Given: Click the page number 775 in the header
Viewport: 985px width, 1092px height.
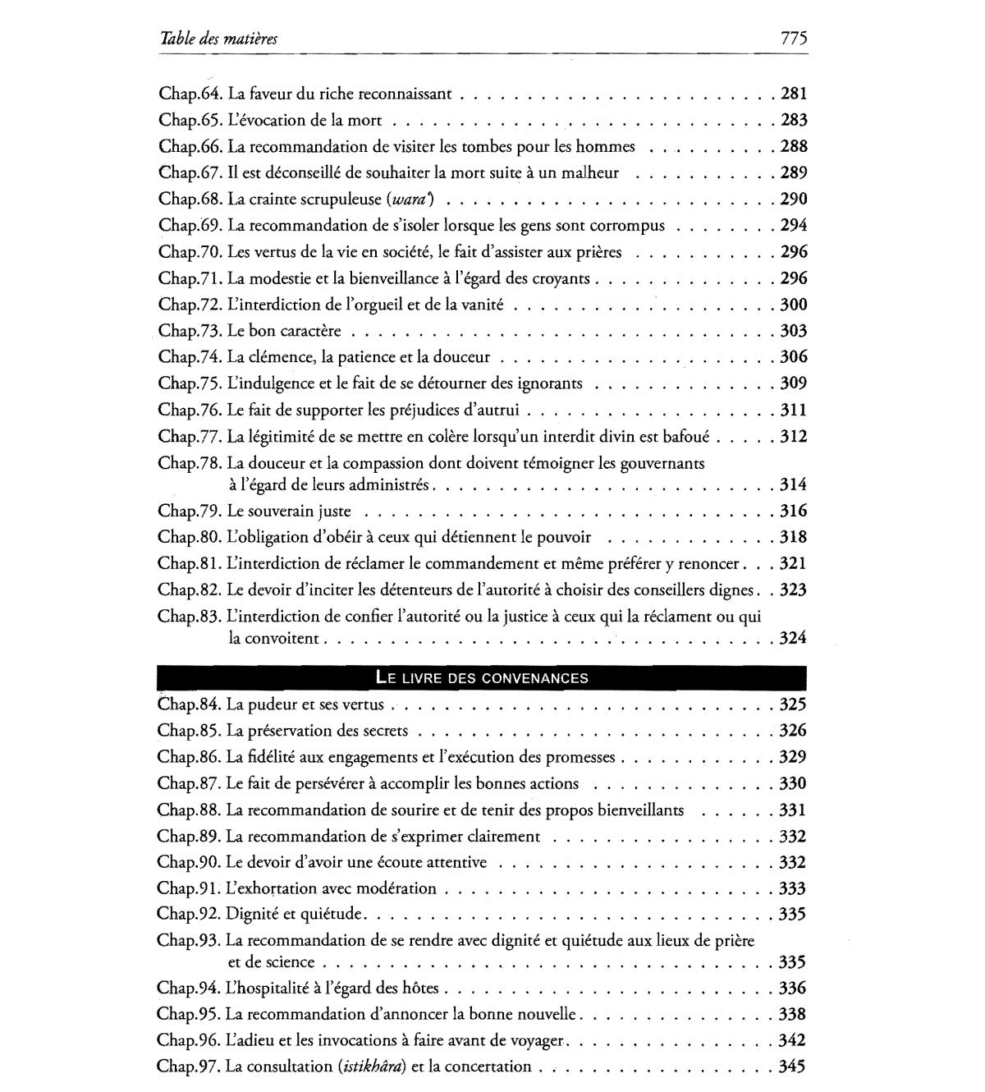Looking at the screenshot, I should click(x=794, y=39).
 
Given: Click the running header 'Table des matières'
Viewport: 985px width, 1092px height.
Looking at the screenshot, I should click(x=220, y=39).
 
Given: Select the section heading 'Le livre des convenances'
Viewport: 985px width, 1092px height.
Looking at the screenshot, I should click(x=482, y=678).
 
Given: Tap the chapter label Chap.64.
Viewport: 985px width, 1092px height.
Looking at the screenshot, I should click(x=190, y=94).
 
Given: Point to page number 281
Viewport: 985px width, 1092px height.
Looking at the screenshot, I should click(x=794, y=94).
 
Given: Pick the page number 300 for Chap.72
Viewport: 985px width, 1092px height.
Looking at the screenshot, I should click(x=794, y=305).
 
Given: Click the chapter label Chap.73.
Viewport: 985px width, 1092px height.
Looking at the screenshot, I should click(x=190, y=331).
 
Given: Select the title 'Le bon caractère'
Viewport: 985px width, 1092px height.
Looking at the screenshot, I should click(x=284, y=331).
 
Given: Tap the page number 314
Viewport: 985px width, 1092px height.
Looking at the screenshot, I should click(x=794, y=484).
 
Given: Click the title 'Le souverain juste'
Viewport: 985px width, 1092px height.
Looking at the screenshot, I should click(x=289, y=511).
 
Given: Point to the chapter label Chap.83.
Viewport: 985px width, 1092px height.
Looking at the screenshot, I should click(x=190, y=616).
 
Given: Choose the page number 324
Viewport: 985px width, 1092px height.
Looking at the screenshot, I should click(x=794, y=638).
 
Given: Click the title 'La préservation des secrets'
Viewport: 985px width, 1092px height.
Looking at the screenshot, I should click(x=317, y=731).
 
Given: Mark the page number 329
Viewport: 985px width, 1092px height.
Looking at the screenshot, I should click(x=794, y=757).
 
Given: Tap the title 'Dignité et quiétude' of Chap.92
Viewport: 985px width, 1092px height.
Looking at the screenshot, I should click(x=294, y=914).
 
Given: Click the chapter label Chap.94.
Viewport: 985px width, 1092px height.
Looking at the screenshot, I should click(x=190, y=988).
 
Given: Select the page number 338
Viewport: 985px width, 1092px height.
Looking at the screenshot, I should click(x=794, y=1014).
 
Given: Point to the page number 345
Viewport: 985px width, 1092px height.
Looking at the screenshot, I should click(x=794, y=1067).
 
